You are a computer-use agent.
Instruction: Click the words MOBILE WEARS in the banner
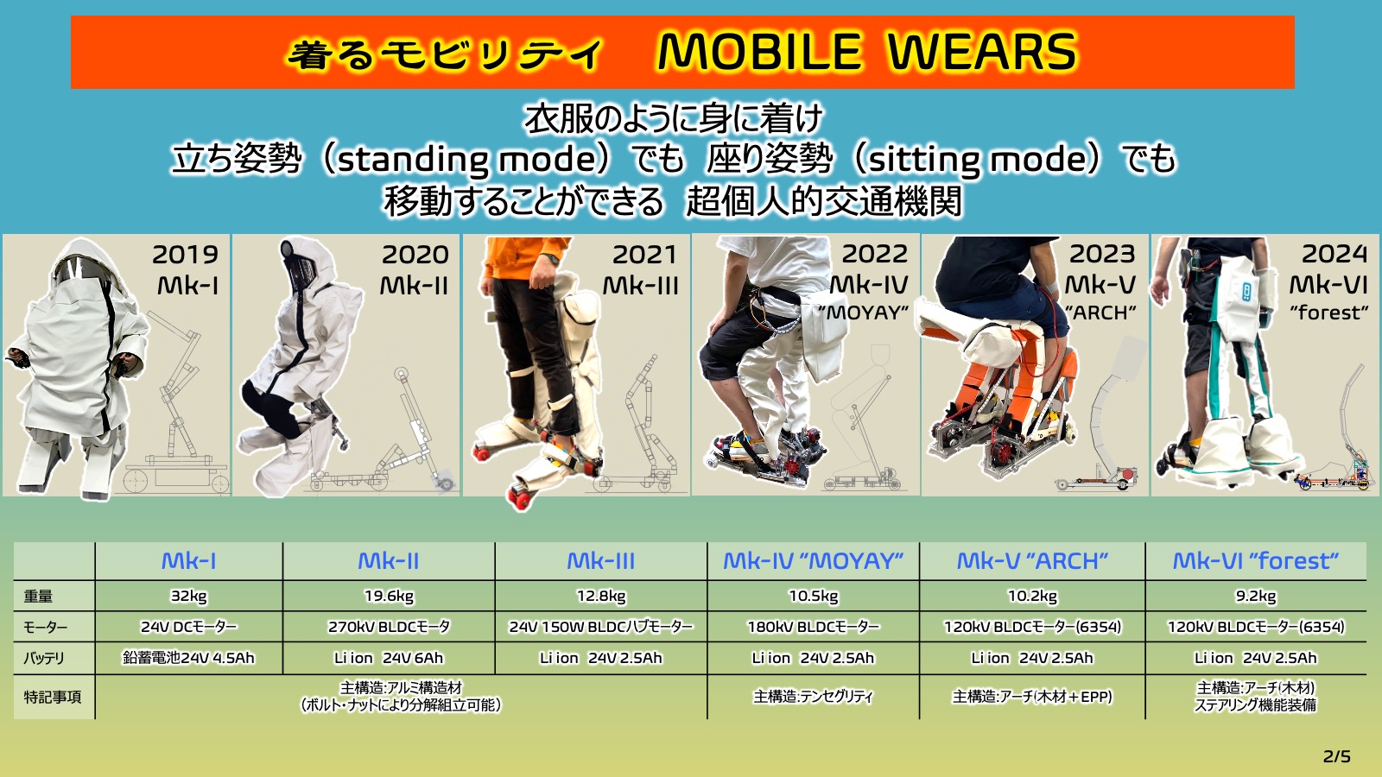pyautogui.click(x=867, y=52)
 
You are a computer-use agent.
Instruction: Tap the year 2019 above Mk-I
pyautogui.click(x=185, y=255)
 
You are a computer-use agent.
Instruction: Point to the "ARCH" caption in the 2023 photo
pyautogui.click(x=1100, y=313)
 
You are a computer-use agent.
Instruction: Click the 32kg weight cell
pyautogui.click(x=189, y=597)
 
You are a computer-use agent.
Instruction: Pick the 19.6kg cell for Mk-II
pyautogui.click(x=389, y=597)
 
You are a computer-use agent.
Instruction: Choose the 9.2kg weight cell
pyautogui.click(x=1256, y=597)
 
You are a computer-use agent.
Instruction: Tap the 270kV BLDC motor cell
pyautogui.click(x=389, y=627)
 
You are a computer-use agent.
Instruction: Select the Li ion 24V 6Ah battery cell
pyautogui.click(x=389, y=659)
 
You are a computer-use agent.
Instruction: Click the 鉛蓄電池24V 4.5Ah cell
pyautogui.click(x=189, y=658)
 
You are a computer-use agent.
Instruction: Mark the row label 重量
pyautogui.click(x=38, y=597)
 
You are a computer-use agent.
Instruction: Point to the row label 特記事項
pyautogui.click(x=53, y=698)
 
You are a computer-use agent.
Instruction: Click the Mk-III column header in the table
pyautogui.click(x=601, y=561)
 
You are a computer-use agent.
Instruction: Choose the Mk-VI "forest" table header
pyautogui.click(x=1256, y=561)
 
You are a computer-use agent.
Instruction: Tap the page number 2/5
pyautogui.click(x=1337, y=756)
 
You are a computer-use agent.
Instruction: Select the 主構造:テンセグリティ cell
pyautogui.click(x=813, y=697)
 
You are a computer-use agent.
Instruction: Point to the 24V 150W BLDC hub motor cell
pyautogui.click(x=601, y=627)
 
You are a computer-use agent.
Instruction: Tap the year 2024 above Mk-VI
pyautogui.click(x=1334, y=254)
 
